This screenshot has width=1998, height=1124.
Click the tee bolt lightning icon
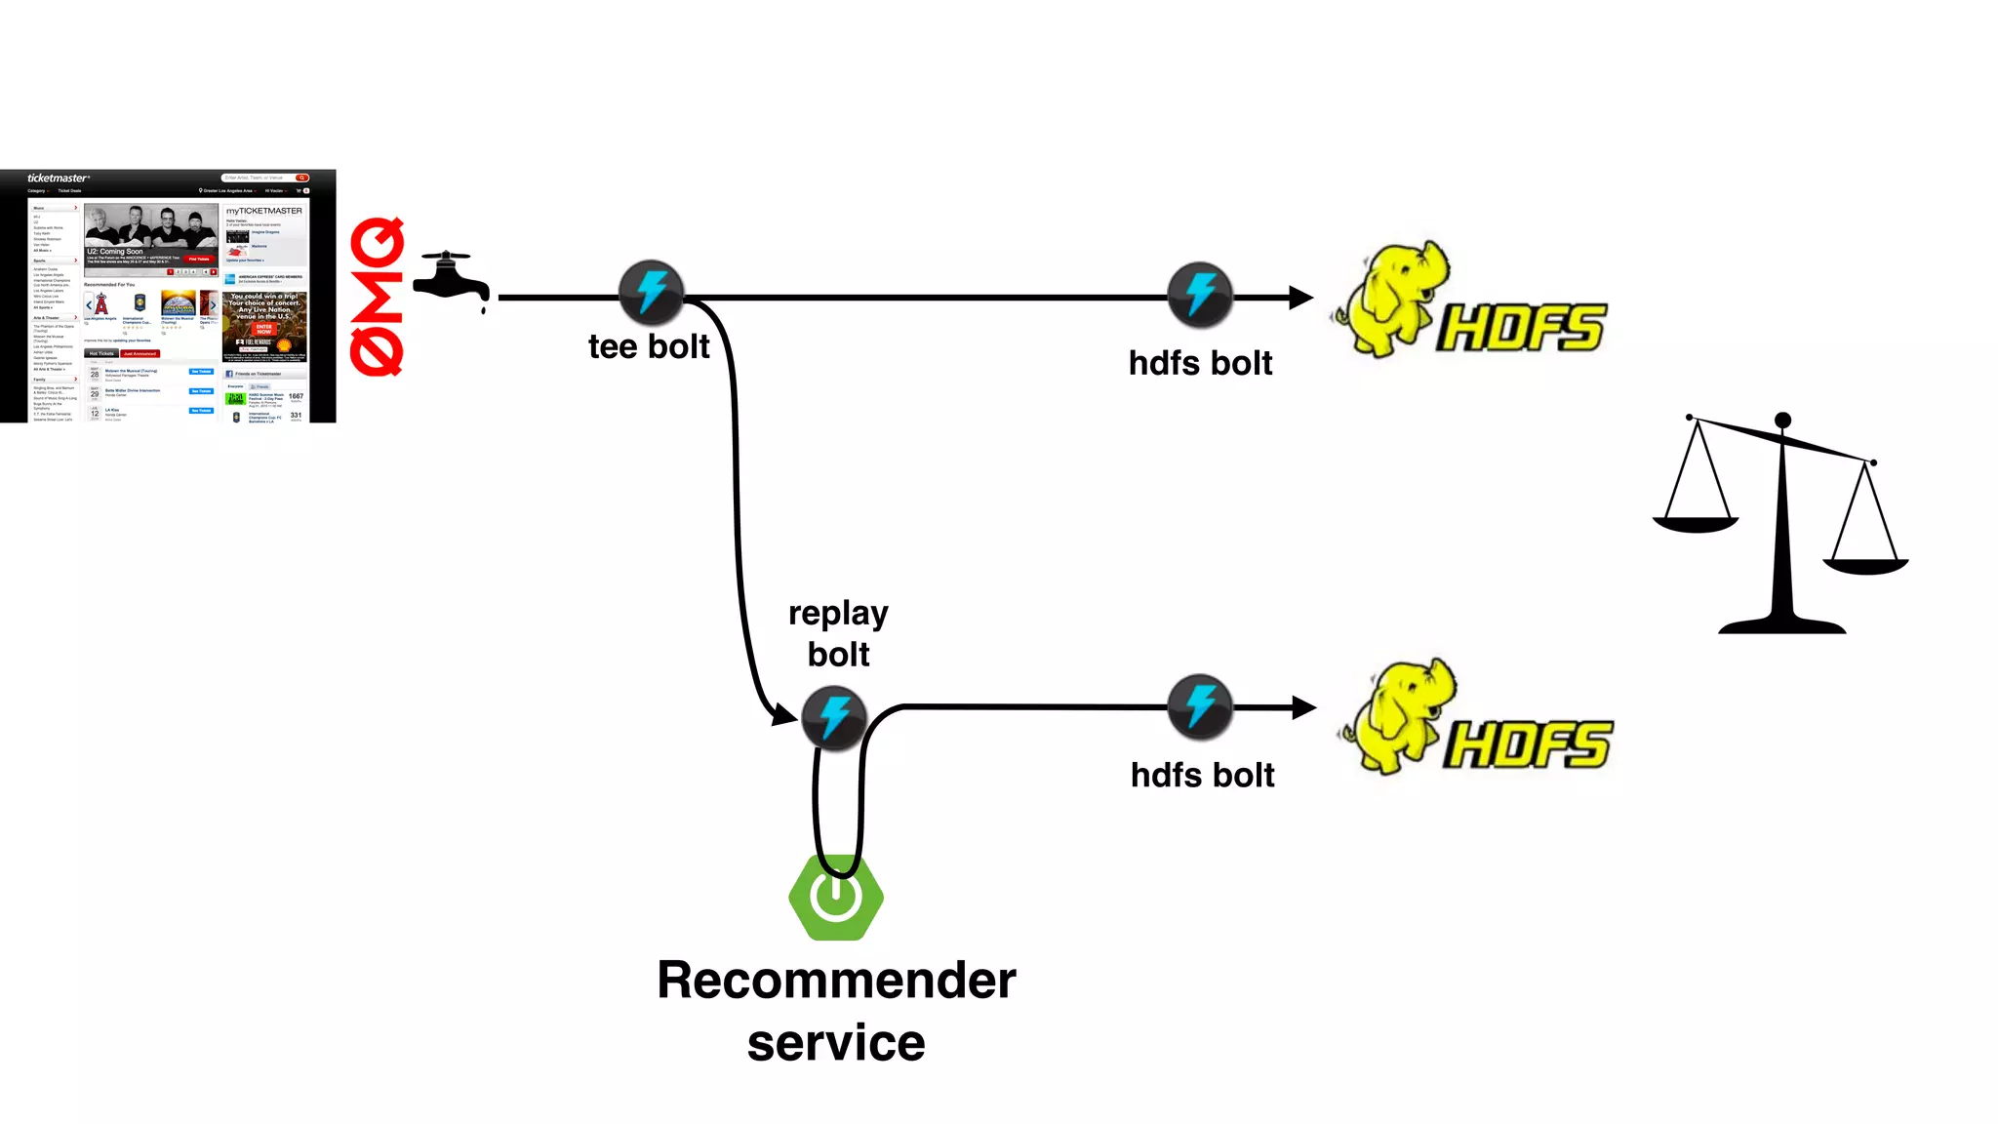point(651,292)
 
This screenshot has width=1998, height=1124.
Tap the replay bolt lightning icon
point(833,717)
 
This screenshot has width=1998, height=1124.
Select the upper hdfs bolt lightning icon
point(1200,294)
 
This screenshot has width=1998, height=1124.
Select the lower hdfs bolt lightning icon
point(1200,705)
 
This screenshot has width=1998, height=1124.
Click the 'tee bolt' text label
point(649,346)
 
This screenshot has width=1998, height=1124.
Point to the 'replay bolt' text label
point(838,633)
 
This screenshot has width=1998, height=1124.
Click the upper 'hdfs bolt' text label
point(1200,363)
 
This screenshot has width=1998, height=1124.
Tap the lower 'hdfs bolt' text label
point(1202,775)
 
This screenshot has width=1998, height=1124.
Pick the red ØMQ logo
point(378,297)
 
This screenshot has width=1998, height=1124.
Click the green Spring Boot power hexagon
point(836,898)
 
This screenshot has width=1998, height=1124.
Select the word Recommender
point(836,980)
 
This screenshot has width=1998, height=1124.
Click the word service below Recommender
point(836,1042)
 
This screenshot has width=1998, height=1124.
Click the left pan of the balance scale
point(1696,525)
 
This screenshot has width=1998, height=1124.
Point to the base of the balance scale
point(1781,624)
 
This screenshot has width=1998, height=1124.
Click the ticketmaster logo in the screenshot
point(58,179)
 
